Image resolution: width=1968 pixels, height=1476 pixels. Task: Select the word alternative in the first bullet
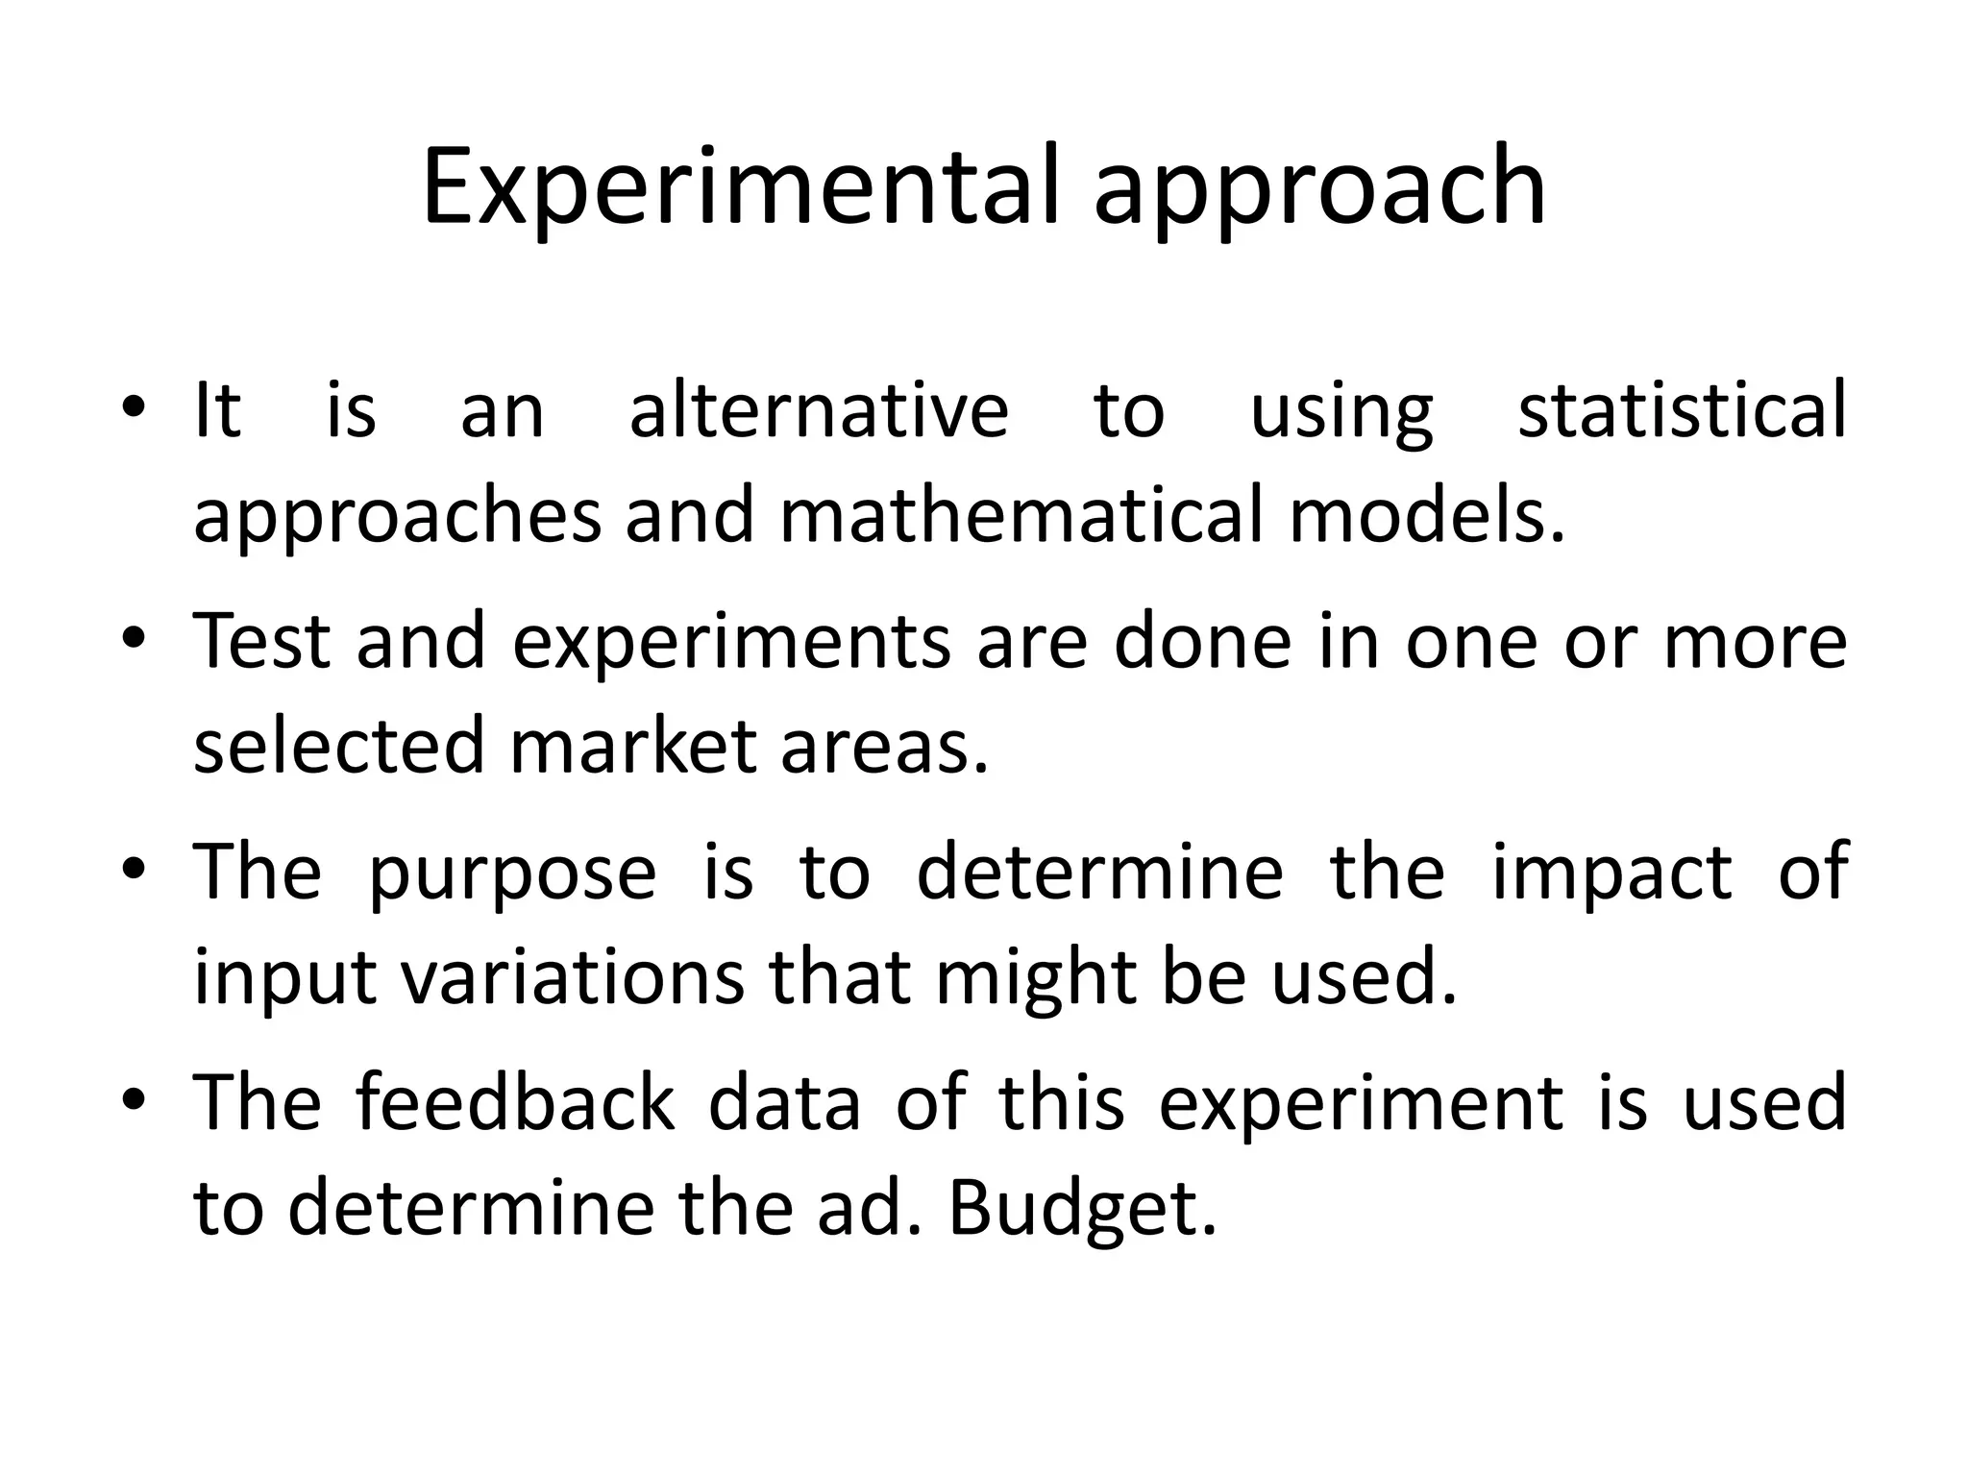click(x=818, y=410)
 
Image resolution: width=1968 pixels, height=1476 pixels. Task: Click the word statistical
click(x=1681, y=410)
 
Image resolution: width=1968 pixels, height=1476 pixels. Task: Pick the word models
click(x=1426, y=516)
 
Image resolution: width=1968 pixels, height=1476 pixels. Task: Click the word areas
click(x=884, y=747)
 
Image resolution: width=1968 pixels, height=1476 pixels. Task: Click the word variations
click(x=572, y=977)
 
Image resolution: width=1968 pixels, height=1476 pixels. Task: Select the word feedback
click(x=516, y=1102)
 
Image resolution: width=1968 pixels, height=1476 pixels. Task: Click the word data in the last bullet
click(x=784, y=1102)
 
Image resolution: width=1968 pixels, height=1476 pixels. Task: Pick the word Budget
click(x=1082, y=1208)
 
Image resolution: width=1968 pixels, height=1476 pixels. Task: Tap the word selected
click(x=338, y=747)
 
